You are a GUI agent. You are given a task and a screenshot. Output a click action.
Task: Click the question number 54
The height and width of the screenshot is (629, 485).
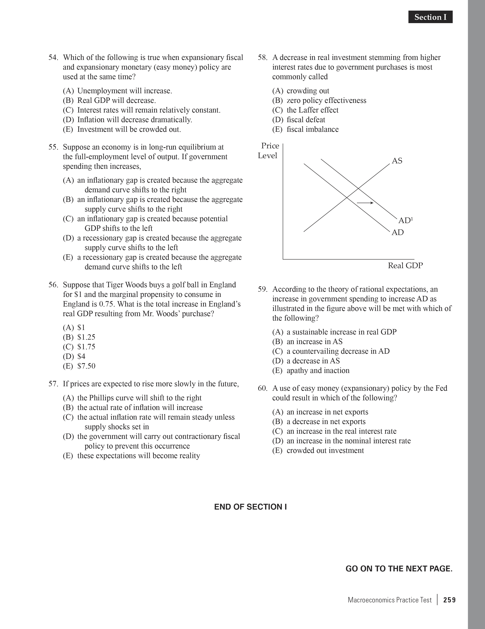coord(53,58)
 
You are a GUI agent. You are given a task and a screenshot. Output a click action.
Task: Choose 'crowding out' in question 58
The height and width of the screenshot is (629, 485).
coord(308,91)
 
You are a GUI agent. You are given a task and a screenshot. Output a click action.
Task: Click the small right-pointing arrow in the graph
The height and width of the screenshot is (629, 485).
coord(365,203)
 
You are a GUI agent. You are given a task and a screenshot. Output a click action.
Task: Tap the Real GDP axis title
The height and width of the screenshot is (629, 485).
coord(405,265)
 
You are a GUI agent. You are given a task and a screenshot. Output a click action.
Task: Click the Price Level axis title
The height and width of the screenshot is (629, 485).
coord(268,151)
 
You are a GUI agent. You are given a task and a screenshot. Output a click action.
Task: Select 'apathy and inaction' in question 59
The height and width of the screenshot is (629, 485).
coord(318,371)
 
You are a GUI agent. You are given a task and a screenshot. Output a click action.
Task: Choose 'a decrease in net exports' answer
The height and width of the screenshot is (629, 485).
coord(326,422)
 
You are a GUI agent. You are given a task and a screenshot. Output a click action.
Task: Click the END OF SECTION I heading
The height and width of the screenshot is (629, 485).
coord(250,507)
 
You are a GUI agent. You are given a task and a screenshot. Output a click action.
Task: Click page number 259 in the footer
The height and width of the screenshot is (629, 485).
coord(449,600)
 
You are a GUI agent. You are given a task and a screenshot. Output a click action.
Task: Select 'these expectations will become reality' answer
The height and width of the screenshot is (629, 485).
coord(138,456)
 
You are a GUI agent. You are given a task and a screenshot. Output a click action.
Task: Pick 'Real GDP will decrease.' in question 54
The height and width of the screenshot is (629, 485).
coord(116,101)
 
